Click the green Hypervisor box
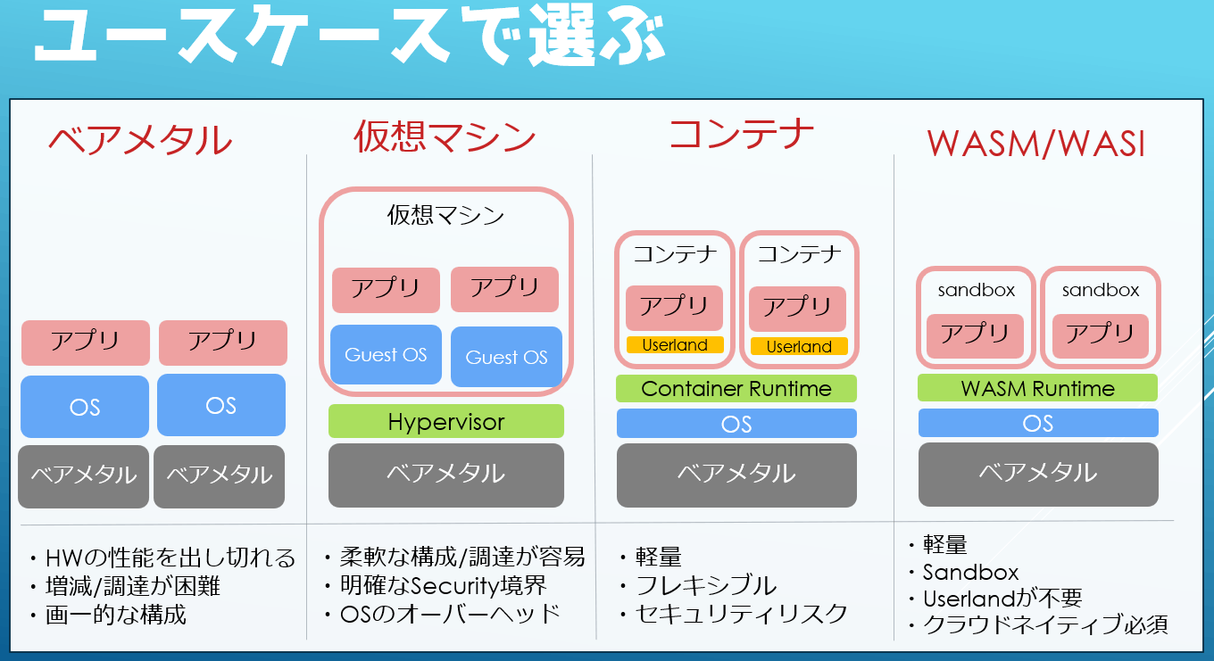(x=446, y=421)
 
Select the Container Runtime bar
(x=736, y=388)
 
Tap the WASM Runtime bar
(x=1037, y=388)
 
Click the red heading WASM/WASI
(x=1036, y=145)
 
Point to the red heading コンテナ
(x=742, y=134)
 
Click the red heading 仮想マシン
(x=445, y=136)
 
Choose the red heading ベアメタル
(x=140, y=140)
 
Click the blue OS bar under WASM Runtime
(x=1038, y=423)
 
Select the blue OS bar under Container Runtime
(x=736, y=423)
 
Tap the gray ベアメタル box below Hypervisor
(x=446, y=475)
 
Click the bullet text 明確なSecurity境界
(x=444, y=585)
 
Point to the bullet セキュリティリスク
(x=742, y=614)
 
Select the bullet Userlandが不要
(x=1002, y=599)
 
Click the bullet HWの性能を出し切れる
(x=170, y=558)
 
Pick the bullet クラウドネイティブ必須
(x=1045, y=624)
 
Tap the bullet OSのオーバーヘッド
(x=450, y=614)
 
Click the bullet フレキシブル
(x=706, y=585)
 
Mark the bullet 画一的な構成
(x=115, y=615)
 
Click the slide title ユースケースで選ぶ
(x=350, y=35)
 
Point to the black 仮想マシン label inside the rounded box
(x=445, y=215)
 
